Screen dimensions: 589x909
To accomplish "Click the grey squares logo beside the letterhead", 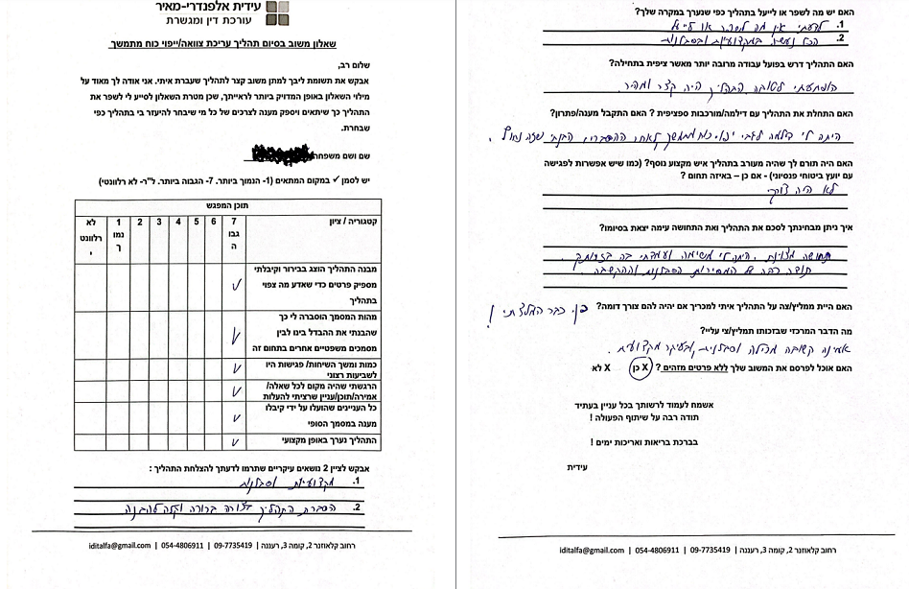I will (275, 12).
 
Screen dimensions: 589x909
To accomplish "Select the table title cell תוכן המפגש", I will (227, 204).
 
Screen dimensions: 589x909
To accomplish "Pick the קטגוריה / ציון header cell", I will (338, 222).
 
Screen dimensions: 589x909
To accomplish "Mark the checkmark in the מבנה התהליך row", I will (235, 285).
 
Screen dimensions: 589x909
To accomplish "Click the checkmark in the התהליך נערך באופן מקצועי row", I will (235, 441).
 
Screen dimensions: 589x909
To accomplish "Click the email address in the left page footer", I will (109, 544).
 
